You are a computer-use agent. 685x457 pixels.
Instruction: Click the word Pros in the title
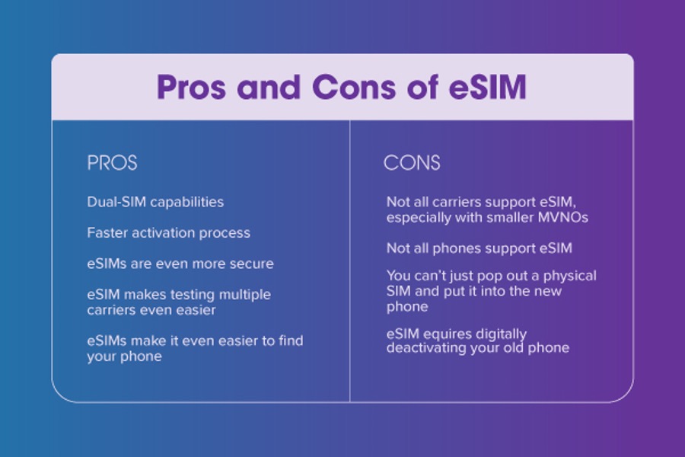pos(191,87)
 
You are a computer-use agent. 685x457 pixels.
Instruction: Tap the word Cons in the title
pos(354,87)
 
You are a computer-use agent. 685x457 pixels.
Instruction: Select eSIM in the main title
pos(488,87)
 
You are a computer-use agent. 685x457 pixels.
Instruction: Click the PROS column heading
pos(113,163)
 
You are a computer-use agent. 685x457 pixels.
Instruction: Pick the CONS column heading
pos(412,163)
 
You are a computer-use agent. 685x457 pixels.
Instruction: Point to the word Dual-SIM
pos(116,202)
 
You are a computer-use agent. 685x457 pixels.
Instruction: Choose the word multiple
pos(244,295)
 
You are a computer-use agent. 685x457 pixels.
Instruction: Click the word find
pos(291,340)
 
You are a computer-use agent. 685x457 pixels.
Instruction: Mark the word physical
pos(569,276)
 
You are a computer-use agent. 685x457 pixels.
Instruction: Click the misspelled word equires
pos(448,334)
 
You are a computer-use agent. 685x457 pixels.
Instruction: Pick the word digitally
pos(501,334)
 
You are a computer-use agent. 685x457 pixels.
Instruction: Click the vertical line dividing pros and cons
pos(350,261)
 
